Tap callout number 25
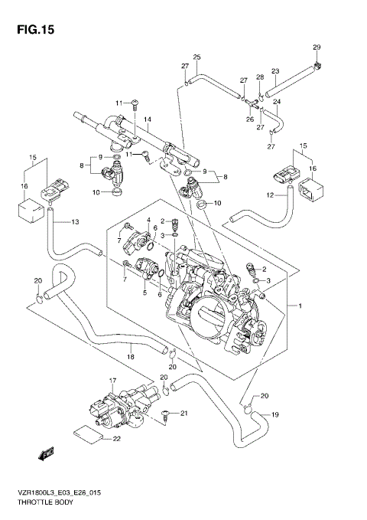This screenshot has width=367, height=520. coord(196,57)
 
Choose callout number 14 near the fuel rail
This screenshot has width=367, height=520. coord(147,119)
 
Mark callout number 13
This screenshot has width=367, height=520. coord(75,222)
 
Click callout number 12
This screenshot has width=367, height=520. coord(269,196)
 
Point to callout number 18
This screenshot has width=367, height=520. coord(131,357)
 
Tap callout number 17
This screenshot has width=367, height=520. coord(112,380)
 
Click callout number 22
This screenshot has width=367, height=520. coord(117,438)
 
